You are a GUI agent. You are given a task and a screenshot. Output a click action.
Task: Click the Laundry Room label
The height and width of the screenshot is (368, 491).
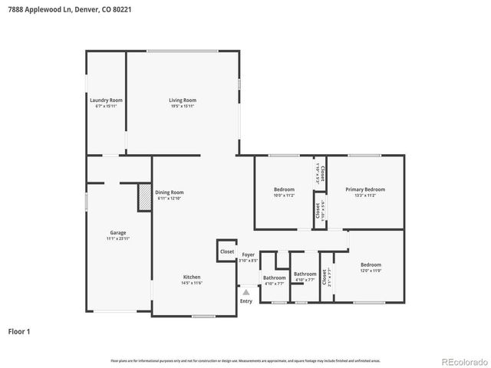point(106,100)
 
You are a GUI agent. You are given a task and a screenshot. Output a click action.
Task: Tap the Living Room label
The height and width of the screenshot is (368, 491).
point(183,100)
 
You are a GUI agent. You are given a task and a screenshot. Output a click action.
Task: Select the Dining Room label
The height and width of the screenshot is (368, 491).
point(170,192)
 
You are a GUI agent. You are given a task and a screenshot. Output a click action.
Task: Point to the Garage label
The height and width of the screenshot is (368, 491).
point(117,232)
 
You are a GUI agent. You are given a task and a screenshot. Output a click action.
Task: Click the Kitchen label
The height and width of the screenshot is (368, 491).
point(192,277)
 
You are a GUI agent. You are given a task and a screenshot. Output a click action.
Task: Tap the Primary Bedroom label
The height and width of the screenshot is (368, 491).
point(364,189)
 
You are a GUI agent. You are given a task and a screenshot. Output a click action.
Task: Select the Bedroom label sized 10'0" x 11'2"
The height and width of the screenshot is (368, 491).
point(284,189)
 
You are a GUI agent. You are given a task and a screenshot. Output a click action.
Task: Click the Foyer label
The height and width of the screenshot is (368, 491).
point(249,255)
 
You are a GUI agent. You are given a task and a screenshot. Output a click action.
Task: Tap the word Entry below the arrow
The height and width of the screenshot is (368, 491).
point(245,301)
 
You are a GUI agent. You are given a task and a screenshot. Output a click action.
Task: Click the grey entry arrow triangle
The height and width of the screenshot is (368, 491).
point(245,291)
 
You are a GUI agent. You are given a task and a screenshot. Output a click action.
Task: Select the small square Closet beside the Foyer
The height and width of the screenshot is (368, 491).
point(227,251)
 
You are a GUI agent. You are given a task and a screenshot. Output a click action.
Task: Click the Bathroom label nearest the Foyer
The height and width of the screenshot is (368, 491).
point(274,278)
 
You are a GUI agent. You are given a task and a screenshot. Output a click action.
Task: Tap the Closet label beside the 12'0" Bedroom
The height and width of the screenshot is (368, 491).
point(325,276)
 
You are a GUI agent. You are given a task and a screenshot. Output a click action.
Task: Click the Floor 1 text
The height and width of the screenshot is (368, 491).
point(19,332)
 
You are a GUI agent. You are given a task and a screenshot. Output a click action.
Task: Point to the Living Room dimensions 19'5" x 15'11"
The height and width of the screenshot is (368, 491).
point(183,107)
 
